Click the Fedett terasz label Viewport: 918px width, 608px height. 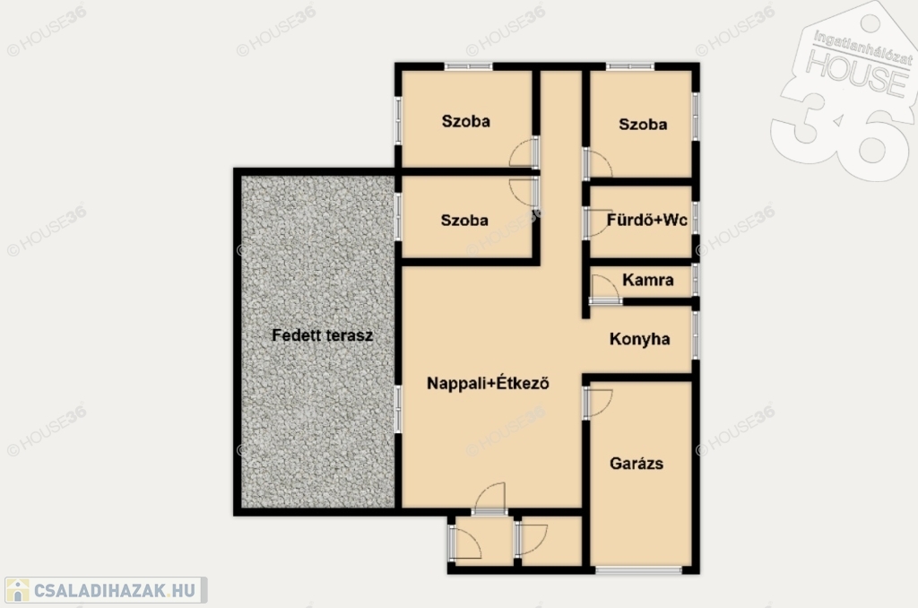[x=322, y=335]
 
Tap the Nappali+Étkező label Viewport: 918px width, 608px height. [x=488, y=383]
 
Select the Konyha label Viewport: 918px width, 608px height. [x=639, y=339]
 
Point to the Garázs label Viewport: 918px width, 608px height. [x=637, y=464]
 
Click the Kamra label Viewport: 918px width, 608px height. [x=647, y=280]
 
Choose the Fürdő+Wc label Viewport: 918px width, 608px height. [x=647, y=221]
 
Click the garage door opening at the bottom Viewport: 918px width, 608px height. [x=638, y=569]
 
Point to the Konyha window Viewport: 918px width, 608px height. [x=696, y=335]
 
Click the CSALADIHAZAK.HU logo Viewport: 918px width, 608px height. [x=106, y=590]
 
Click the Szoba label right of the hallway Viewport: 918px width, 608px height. [x=643, y=124]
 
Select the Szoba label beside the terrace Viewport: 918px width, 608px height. [x=464, y=221]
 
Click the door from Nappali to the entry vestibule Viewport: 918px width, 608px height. [x=490, y=499]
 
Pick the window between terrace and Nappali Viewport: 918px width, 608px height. [x=398, y=409]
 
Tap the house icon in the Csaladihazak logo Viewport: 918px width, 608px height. [x=18, y=590]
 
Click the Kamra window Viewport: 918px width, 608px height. [x=696, y=280]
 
